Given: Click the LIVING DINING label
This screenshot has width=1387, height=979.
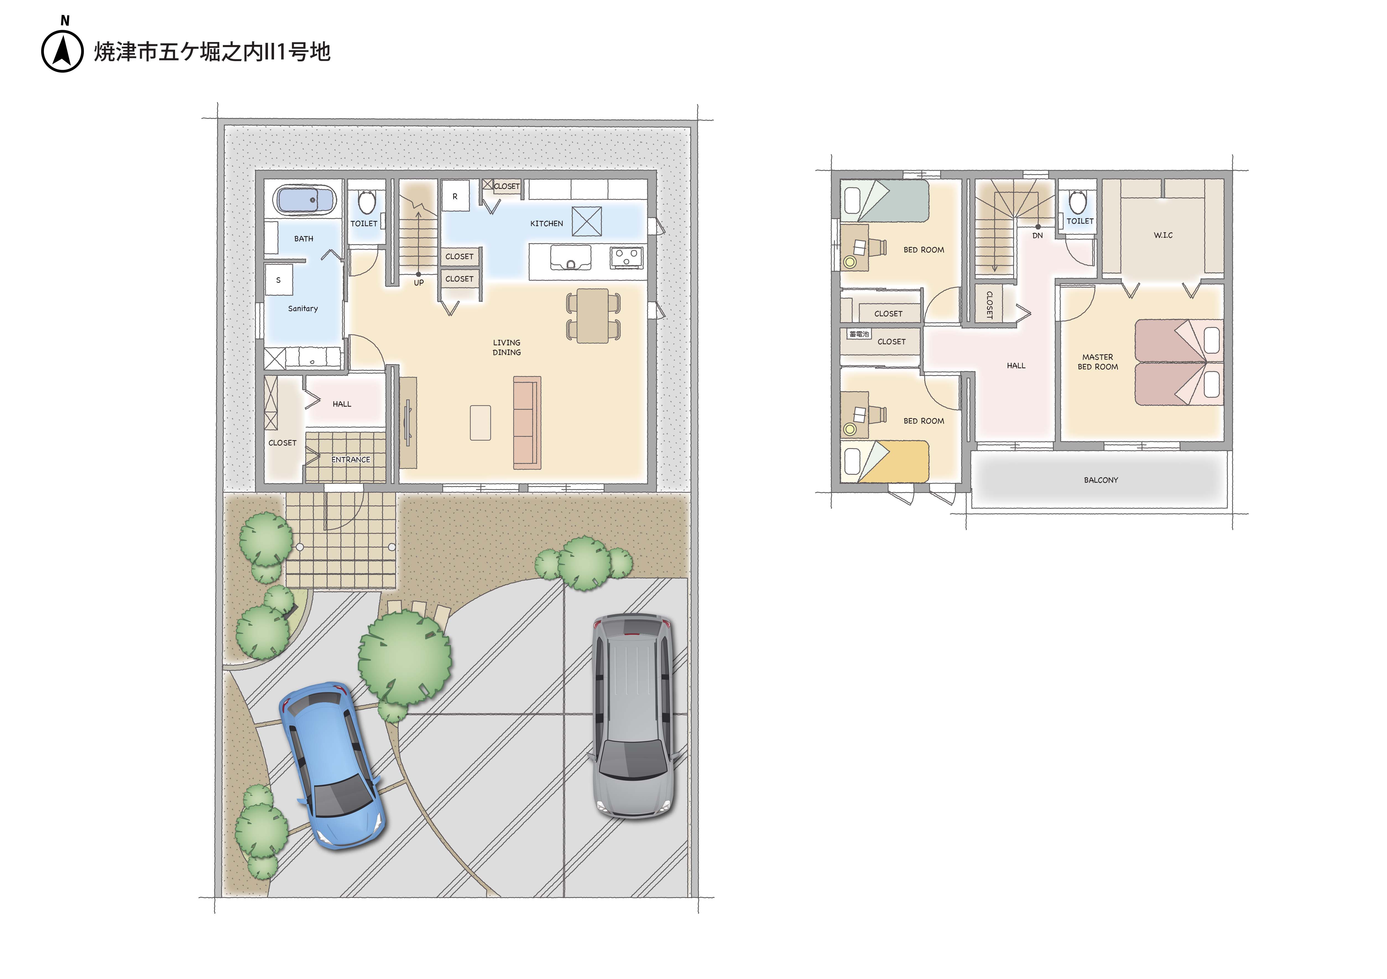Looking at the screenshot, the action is [x=506, y=347].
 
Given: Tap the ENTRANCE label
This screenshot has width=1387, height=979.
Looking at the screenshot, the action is [x=350, y=460].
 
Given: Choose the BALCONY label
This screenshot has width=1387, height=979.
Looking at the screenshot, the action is [x=1101, y=480].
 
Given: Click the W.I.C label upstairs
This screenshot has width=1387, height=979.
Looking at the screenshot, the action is [x=1163, y=235].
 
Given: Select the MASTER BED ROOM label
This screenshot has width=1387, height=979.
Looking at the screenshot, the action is [x=1098, y=362].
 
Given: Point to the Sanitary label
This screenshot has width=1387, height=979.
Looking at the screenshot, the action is [x=303, y=309].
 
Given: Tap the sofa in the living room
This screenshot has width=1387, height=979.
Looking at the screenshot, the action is [x=527, y=423].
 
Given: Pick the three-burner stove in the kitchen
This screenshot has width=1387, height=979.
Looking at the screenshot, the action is [x=627, y=257].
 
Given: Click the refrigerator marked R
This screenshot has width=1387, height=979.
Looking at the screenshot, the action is [x=455, y=196].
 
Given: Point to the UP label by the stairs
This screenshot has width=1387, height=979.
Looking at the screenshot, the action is [x=419, y=283].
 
